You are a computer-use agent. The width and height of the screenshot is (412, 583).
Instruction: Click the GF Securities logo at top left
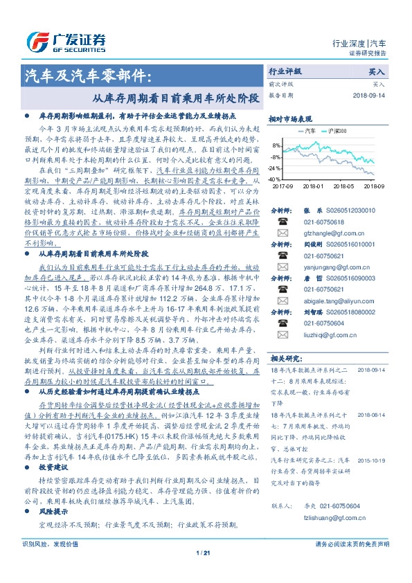tap(66, 40)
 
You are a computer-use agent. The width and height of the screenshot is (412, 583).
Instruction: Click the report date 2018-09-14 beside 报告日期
tap(369, 95)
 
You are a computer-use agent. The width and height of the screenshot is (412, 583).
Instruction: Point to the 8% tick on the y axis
tap(276, 146)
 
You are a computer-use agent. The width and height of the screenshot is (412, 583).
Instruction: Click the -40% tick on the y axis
tap(275, 179)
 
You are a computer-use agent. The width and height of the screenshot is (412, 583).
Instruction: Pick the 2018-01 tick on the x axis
tap(313, 186)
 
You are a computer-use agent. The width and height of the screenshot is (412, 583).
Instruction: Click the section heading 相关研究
tap(285, 358)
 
